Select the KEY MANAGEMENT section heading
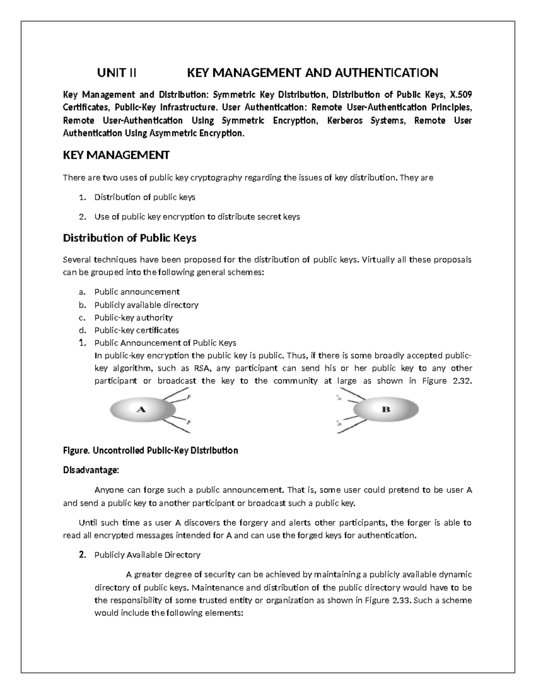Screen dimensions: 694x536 coord(116,155)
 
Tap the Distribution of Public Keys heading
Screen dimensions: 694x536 coord(130,238)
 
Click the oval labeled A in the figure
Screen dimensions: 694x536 coord(142,409)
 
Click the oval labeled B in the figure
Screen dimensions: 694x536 coord(386,409)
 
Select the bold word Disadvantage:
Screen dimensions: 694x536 coord(91,470)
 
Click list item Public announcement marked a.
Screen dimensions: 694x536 coord(137,292)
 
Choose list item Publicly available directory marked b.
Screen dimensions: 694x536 coord(146,305)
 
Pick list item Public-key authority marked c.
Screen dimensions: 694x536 coord(133,318)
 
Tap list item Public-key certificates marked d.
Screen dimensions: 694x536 coord(136,330)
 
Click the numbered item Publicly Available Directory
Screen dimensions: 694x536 coord(147,555)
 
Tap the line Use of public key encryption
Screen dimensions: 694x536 coord(197,217)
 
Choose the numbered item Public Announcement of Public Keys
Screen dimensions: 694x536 coord(165,343)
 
